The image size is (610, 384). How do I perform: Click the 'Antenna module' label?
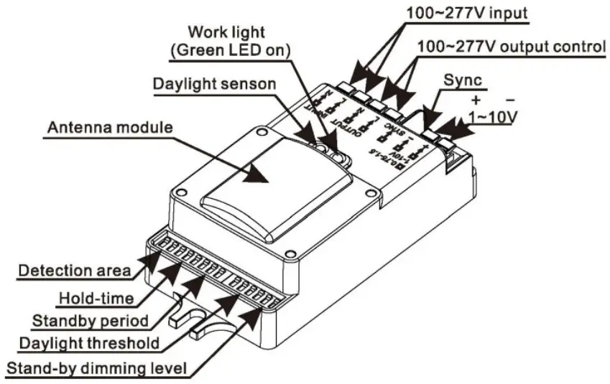(x=109, y=128)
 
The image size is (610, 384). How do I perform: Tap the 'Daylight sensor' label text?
(x=214, y=83)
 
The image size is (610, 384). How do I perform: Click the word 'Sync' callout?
(x=463, y=80)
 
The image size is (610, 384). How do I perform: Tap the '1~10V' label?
(x=491, y=115)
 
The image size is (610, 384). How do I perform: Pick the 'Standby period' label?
(x=90, y=319)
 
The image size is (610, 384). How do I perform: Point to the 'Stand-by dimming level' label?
(x=96, y=370)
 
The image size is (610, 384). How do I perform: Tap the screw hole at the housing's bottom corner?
(x=290, y=253)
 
